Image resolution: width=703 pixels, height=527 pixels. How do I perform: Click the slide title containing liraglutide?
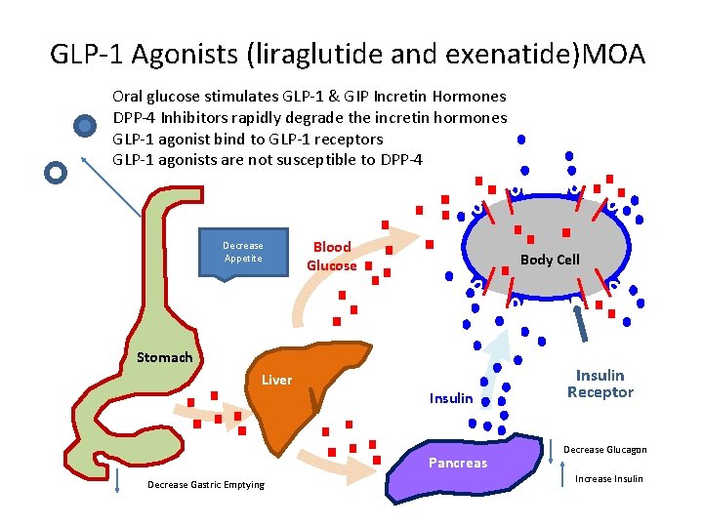(x=348, y=54)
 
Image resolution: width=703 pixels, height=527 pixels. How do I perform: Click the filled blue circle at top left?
(x=86, y=125)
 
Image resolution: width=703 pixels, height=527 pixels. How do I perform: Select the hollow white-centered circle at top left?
(x=57, y=172)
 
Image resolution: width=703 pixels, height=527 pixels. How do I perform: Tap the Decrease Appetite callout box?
(x=242, y=253)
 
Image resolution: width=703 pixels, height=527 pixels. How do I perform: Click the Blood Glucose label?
(x=332, y=256)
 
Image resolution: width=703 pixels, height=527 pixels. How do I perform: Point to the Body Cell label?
(x=549, y=260)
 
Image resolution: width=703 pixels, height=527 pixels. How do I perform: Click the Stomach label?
(x=164, y=357)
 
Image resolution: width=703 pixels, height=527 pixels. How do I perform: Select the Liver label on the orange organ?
(x=276, y=380)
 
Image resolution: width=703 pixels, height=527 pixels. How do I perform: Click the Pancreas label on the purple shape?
(x=457, y=463)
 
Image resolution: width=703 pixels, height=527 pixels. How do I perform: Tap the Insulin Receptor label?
(x=600, y=384)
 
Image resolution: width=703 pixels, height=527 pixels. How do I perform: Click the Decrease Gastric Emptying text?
(x=205, y=485)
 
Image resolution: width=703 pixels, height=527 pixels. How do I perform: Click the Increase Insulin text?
(x=609, y=478)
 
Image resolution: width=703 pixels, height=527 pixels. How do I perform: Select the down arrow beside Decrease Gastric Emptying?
(x=117, y=482)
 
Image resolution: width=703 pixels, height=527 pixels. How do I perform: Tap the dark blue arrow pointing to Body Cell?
(x=584, y=321)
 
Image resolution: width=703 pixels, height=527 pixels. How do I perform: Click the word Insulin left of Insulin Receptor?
(x=451, y=398)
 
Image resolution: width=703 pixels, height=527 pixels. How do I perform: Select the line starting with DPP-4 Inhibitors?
(x=310, y=117)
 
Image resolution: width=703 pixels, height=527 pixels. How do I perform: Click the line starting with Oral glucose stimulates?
(x=310, y=96)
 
